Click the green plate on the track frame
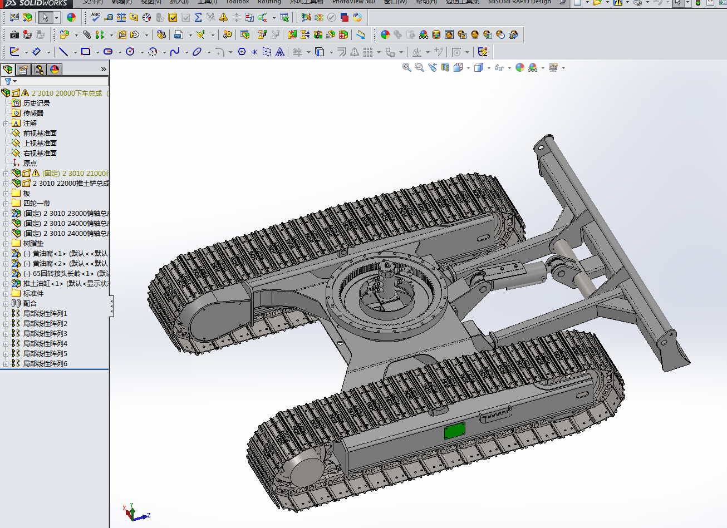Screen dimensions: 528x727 455,431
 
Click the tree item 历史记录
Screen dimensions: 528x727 36,103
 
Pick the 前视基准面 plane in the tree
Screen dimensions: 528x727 40,133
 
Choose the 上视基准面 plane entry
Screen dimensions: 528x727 40,143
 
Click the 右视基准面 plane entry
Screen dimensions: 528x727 40,153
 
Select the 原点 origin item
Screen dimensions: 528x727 30,163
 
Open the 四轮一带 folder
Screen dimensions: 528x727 36,203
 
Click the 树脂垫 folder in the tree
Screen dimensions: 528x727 33,243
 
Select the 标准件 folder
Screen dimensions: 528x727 33,293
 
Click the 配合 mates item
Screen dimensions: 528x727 30,303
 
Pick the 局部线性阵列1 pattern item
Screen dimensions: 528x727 45,313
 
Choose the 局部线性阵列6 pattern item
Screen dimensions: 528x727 45,363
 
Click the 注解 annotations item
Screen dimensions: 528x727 30,123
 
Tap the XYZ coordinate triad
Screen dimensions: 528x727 134,513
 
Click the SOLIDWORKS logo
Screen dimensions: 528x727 37,3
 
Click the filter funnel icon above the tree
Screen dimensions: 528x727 8,81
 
